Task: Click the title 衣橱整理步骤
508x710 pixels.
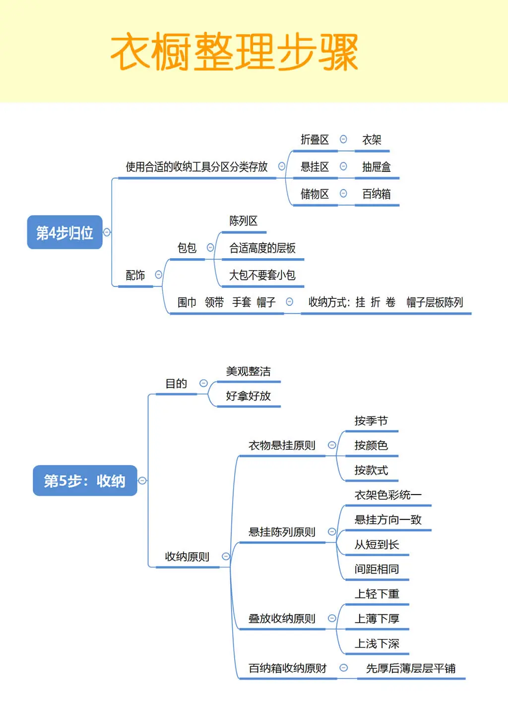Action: [234, 53]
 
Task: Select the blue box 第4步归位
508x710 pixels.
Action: [64, 232]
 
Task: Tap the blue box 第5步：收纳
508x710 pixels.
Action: [85, 481]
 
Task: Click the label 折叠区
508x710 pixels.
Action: [315, 140]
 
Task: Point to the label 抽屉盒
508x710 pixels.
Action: [376, 167]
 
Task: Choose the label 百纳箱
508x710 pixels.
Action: [376, 194]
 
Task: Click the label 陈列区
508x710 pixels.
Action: [243, 221]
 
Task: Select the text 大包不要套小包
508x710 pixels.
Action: [262, 275]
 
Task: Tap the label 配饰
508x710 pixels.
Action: [135, 275]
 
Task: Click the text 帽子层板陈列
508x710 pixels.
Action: [435, 302]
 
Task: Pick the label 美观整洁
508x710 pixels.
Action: [248, 371]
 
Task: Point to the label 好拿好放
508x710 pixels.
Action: [248, 396]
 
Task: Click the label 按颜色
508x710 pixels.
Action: [371, 445]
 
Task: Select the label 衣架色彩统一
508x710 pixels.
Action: [388, 495]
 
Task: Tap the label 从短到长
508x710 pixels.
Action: [377, 545]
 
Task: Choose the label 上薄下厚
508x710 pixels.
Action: [377, 619]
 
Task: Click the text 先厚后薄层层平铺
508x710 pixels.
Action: [411, 669]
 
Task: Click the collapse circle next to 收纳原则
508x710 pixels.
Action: [226, 557]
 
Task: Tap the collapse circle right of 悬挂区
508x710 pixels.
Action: [343, 166]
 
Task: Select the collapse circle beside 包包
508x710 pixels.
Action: [210, 247]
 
